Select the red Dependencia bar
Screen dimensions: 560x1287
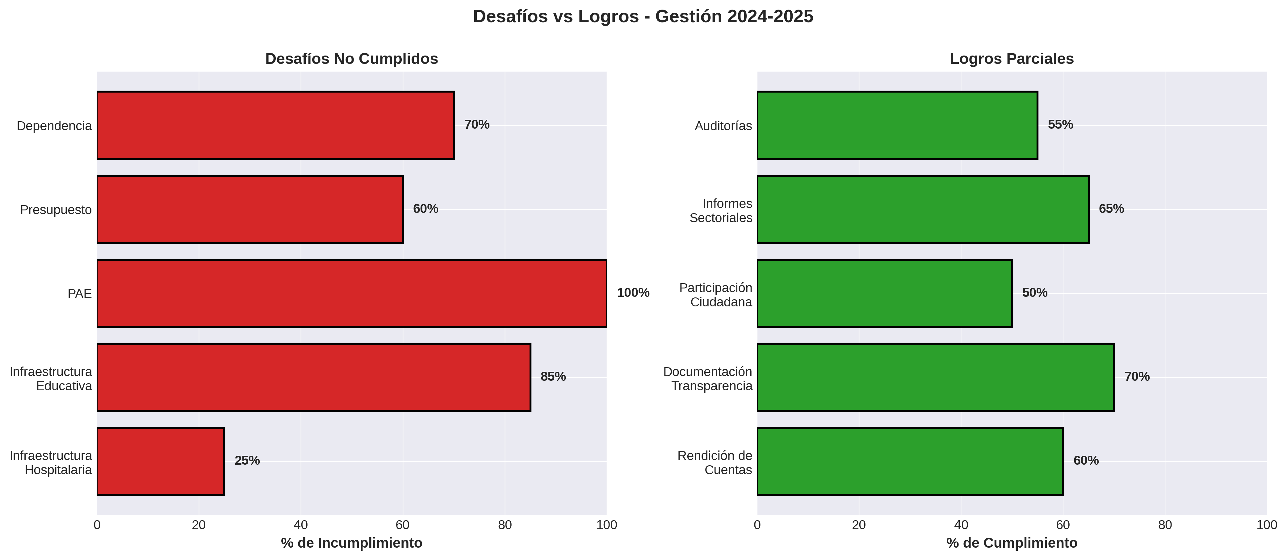click(275, 125)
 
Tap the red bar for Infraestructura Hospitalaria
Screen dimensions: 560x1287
click(160, 461)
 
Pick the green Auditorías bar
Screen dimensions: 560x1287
click(897, 125)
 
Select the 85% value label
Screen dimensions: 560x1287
click(553, 377)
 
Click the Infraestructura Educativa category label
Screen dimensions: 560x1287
click(51, 379)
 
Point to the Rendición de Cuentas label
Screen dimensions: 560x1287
click(715, 463)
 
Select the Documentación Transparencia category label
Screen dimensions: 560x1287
click(707, 379)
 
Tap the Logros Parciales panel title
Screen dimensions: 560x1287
click(1011, 59)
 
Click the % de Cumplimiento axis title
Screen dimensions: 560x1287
click(1011, 543)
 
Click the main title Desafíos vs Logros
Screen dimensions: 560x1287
click(643, 16)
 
